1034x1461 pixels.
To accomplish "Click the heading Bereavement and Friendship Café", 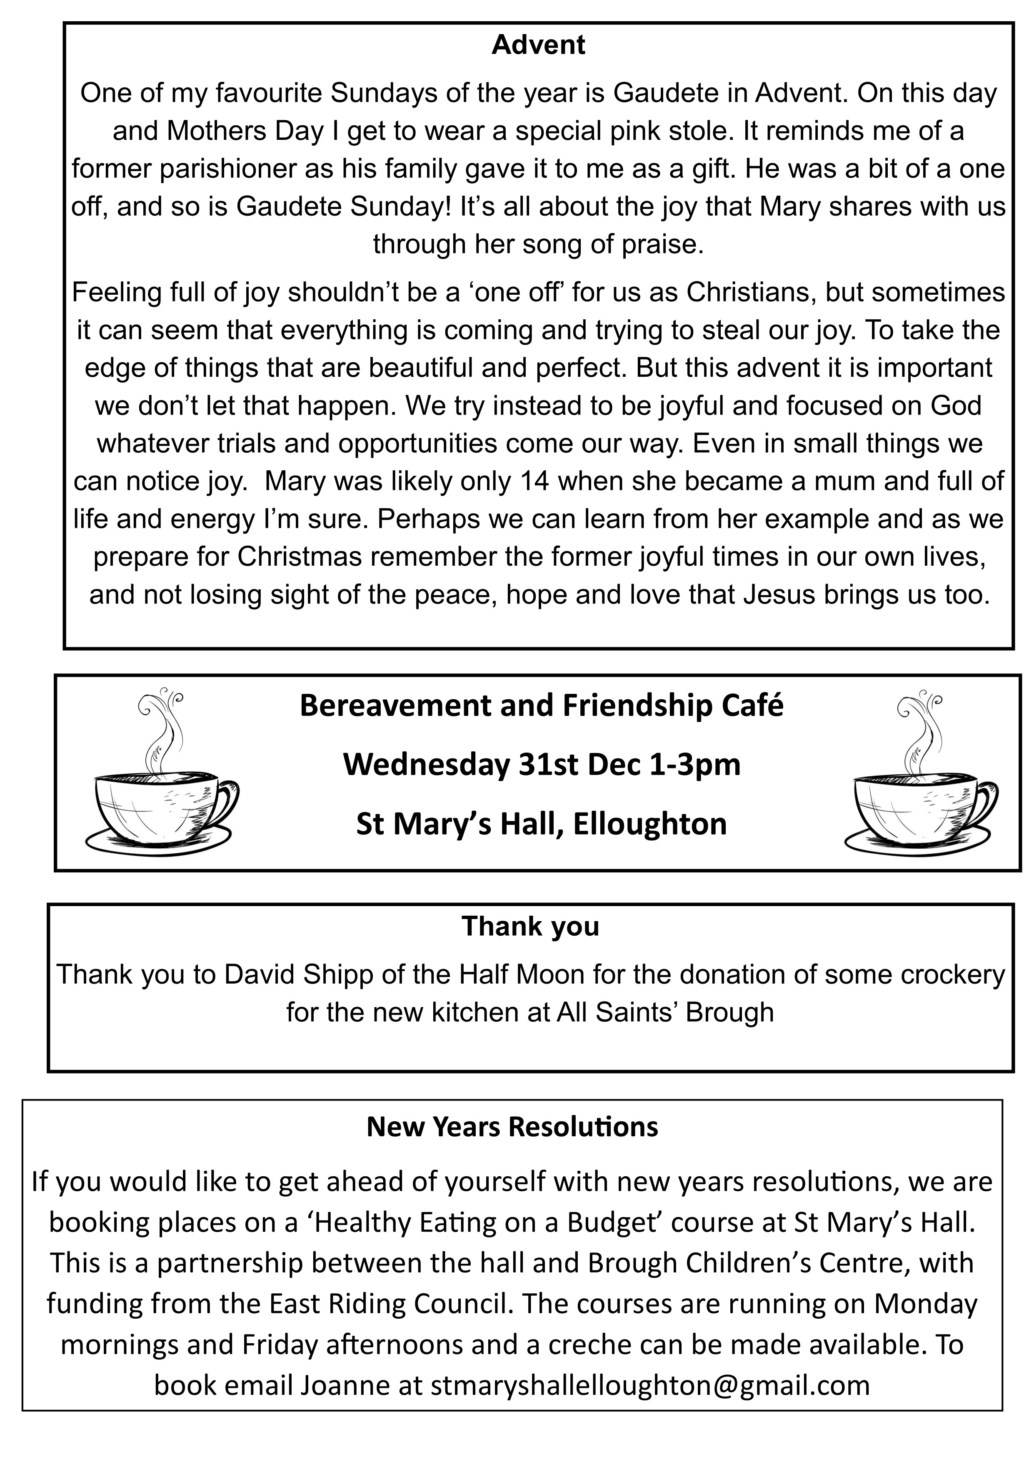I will click(x=541, y=706).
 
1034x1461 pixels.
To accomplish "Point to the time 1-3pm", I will click(x=694, y=765).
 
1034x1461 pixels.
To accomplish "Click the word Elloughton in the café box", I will click(x=649, y=824).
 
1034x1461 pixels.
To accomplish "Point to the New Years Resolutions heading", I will click(x=512, y=1127).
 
